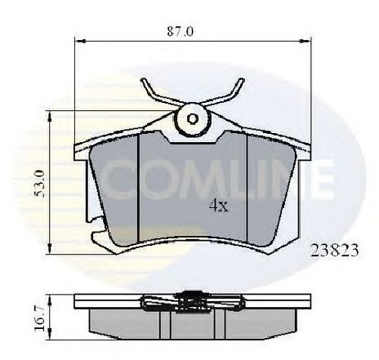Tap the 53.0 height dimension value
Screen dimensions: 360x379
tap(32, 184)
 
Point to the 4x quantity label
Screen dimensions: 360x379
tap(217, 206)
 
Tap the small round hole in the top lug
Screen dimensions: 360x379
tap(193, 119)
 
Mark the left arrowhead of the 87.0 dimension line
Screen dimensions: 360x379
tap(78, 40)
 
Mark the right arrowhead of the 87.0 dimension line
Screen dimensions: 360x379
tap(310, 40)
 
